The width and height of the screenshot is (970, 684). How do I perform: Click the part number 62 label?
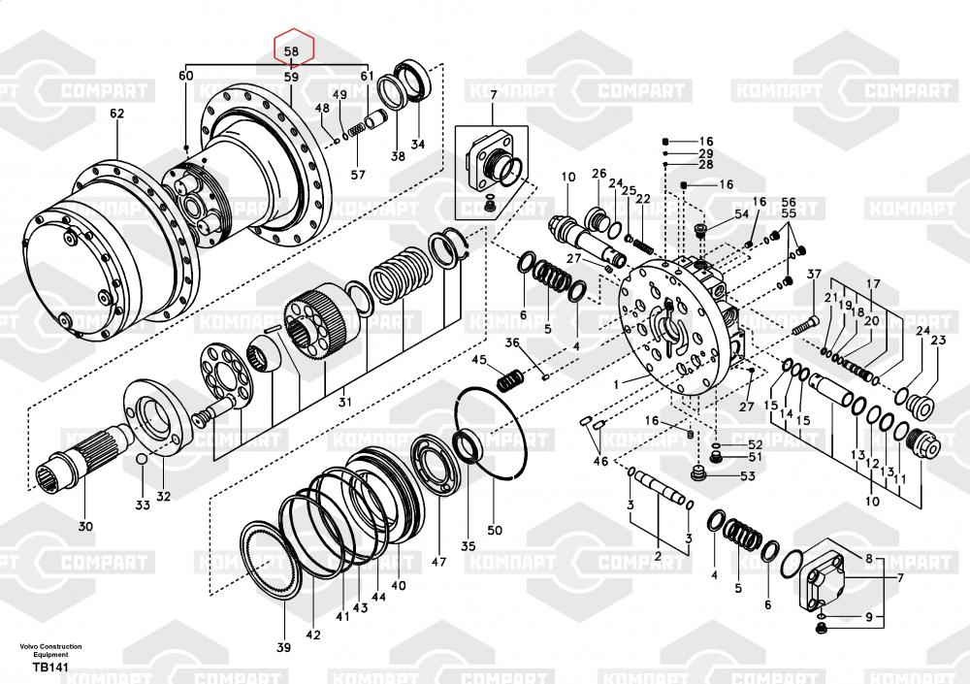(117, 114)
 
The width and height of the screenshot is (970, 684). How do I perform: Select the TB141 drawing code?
(50, 668)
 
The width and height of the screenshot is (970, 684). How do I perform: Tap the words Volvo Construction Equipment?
(50, 651)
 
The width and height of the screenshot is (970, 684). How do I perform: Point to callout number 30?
(85, 526)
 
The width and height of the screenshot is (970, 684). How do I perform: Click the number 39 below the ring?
(283, 647)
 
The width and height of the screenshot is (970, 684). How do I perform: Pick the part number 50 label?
(495, 530)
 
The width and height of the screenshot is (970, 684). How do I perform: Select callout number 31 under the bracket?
(344, 402)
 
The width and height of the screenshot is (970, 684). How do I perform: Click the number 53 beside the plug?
(748, 476)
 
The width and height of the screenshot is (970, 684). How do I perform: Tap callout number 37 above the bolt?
(814, 275)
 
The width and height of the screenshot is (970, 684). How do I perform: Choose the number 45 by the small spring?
(479, 360)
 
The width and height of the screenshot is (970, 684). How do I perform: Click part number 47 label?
(438, 562)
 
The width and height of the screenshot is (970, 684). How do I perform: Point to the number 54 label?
(742, 214)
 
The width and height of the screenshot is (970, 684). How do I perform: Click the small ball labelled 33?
(142, 459)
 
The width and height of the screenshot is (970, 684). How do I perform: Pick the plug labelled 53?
(698, 475)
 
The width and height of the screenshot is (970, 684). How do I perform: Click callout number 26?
(598, 174)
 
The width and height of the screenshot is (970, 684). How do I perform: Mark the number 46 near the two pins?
(600, 461)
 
